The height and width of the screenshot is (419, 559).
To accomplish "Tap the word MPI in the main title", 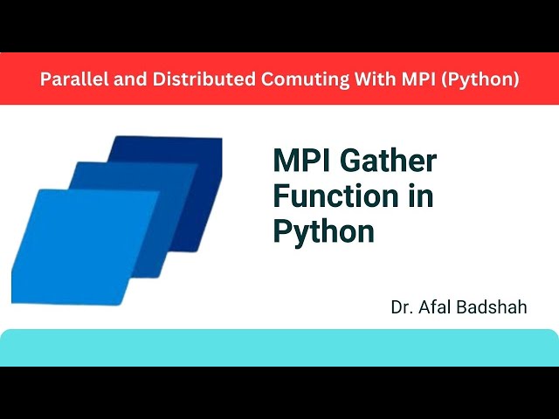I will pyautogui.click(x=301, y=161).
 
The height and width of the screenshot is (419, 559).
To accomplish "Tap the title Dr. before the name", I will pyautogui.click(x=404, y=308).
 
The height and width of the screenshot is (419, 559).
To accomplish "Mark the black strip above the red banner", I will pyautogui.click(x=279, y=26).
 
